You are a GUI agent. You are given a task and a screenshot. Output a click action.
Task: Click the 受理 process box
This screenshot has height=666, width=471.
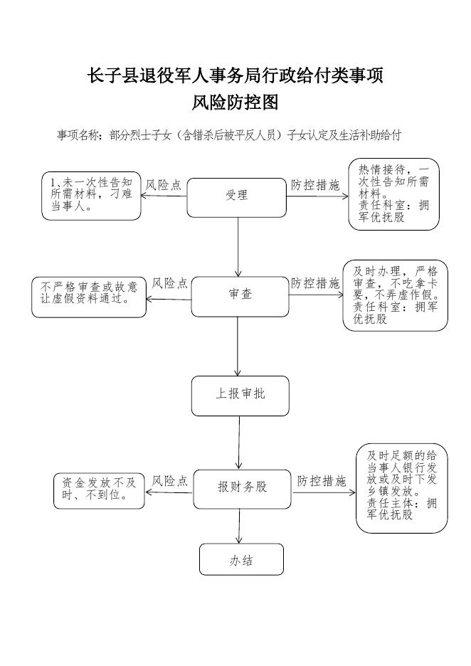[x=236, y=198]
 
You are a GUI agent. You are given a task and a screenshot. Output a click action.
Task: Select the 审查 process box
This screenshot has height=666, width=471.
[x=240, y=297]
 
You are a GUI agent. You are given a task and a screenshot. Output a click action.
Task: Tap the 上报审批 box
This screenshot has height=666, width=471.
[x=240, y=396]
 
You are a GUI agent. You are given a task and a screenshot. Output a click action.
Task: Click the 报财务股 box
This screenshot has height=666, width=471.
[x=242, y=489]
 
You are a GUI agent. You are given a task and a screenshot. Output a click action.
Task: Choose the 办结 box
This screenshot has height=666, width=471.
[x=241, y=559]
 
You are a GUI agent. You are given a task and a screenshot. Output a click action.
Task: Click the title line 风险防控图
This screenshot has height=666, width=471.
[x=235, y=102]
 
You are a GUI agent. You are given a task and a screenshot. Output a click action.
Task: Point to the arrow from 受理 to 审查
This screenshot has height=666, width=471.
[x=238, y=247]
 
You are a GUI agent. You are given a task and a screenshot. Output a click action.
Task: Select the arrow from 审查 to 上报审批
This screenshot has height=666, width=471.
[x=238, y=347]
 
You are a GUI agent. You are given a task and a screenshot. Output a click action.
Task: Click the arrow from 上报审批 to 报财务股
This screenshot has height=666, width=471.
[x=239, y=443]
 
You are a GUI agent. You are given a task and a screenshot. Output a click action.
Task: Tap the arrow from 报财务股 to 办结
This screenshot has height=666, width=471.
[x=239, y=527]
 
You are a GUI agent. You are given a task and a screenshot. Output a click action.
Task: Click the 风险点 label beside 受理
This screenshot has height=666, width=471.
[x=164, y=185]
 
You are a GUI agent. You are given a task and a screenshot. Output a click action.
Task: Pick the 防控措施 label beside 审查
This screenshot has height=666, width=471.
[x=316, y=283]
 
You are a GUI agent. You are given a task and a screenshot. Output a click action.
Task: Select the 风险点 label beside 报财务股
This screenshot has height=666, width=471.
[x=170, y=481]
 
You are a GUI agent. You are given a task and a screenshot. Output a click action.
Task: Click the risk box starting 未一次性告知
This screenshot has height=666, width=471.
[x=91, y=196]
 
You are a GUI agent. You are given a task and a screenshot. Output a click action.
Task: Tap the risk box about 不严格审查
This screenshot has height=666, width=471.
[x=89, y=297]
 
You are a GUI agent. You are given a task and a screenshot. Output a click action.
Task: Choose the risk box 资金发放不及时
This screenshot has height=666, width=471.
[x=99, y=491]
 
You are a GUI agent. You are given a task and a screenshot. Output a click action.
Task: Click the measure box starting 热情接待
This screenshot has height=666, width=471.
[x=393, y=194]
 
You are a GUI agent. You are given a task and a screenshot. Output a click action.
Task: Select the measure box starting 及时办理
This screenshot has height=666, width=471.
[x=396, y=295]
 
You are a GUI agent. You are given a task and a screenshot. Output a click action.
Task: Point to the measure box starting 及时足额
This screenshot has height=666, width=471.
[x=402, y=488]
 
